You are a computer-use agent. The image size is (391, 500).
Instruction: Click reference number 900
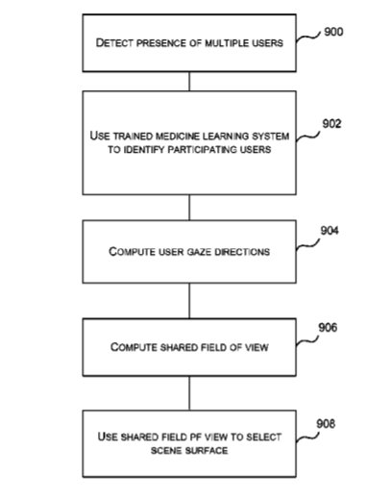tap(333, 32)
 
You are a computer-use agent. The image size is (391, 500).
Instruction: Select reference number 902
tap(331, 124)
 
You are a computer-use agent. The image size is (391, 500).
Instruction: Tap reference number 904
tap(330, 231)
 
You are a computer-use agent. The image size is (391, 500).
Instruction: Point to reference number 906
tap(328, 328)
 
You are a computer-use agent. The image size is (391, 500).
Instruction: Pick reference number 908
tap(326, 424)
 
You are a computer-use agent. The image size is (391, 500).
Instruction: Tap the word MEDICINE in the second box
tap(173, 137)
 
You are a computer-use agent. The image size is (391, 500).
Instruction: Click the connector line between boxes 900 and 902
tap(189, 82)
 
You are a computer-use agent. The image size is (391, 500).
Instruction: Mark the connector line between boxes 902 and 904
tap(189, 208)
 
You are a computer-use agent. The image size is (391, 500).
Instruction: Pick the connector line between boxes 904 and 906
tap(189, 301)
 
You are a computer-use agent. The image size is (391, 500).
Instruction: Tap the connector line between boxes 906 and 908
tap(189, 393)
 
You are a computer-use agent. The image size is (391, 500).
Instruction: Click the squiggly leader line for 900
tap(308, 37)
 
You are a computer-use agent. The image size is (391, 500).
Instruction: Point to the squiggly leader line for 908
tap(307, 437)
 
